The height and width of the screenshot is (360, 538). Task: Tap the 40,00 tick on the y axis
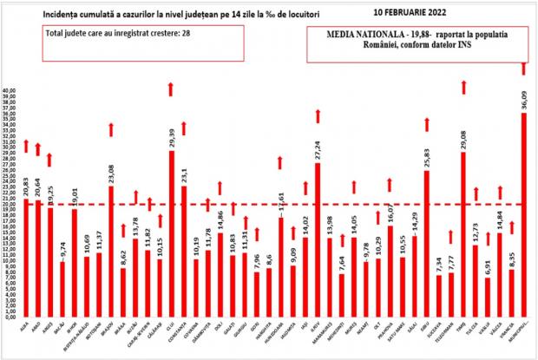point(10,90)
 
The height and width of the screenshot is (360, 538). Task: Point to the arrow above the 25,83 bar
point(427,123)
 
